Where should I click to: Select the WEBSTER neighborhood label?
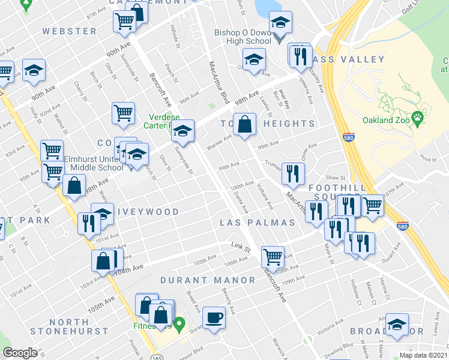(x=70, y=31)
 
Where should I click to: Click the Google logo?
(x=20, y=353)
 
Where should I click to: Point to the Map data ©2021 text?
(x=423, y=355)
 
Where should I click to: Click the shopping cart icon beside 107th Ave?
(x=373, y=205)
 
